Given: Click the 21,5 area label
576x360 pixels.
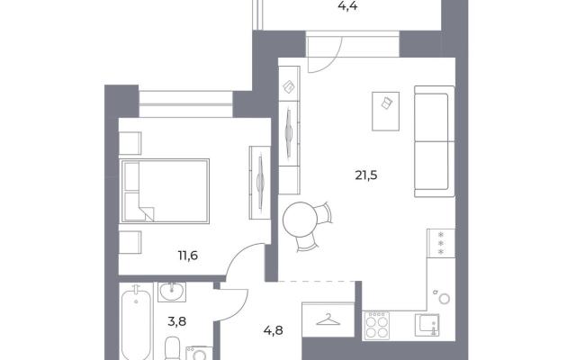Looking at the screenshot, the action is pyautogui.click(x=366, y=175).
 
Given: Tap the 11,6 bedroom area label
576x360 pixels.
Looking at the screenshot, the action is pyautogui.click(x=188, y=255).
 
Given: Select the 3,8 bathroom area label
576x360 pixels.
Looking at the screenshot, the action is pyautogui.click(x=176, y=322).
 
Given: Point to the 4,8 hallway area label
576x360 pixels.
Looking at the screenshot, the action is pyautogui.click(x=274, y=331).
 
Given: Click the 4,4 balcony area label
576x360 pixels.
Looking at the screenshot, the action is pyautogui.click(x=347, y=6).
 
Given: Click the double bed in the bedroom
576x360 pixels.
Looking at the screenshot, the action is pyautogui.click(x=165, y=191).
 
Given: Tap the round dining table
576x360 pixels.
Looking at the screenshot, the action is pyautogui.click(x=300, y=220).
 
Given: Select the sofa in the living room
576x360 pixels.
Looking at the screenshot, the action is pyautogui.click(x=434, y=141).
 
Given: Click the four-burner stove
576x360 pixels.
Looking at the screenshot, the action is pyautogui.click(x=376, y=325).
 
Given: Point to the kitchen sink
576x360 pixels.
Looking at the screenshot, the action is pyautogui.click(x=427, y=325).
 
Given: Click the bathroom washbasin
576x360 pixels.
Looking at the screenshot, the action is pyautogui.click(x=172, y=292).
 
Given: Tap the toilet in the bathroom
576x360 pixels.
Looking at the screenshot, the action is pyautogui.click(x=171, y=348).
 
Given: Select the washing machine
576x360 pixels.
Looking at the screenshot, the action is pyautogui.click(x=199, y=354).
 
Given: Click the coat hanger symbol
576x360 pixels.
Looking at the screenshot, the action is pyautogui.click(x=328, y=319).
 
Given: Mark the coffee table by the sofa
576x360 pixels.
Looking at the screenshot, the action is pyautogui.click(x=385, y=112).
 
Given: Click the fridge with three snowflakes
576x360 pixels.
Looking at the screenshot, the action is pyautogui.click(x=441, y=243).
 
